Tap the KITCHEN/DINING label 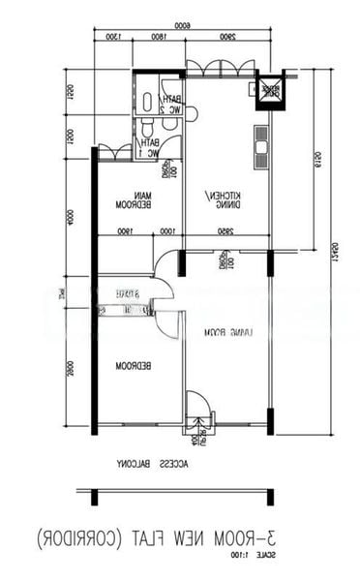click(225, 200)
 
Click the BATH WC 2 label click(173, 105)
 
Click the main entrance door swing click(197, 407)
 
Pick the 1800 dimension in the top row click(158, 38)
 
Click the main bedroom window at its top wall click(115, 152)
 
